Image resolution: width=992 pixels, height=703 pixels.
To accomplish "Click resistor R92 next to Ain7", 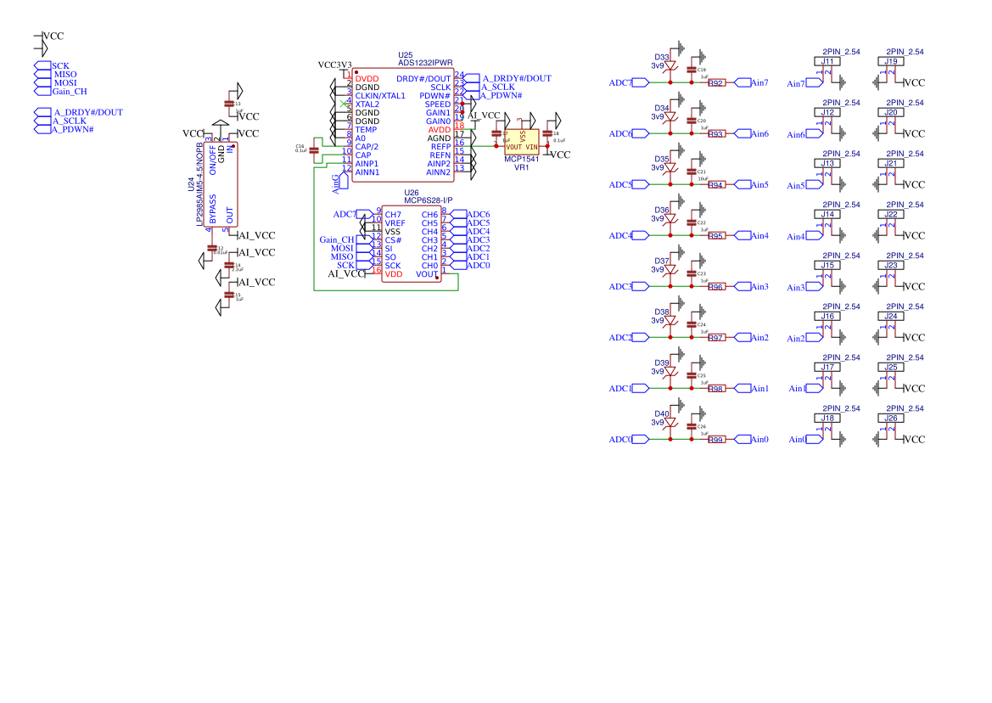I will pos(716,83).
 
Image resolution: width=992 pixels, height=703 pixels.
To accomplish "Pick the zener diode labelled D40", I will pos(670,423).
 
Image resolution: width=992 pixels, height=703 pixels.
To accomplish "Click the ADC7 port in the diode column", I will pos(620,83).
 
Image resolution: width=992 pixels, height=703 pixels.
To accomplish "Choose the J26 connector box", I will pos(891,419).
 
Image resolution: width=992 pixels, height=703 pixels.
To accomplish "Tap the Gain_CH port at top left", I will pos(69,92).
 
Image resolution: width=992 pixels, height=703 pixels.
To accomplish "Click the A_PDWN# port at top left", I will pos(72,130).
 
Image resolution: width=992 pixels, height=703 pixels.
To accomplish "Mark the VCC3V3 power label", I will pos(334,65).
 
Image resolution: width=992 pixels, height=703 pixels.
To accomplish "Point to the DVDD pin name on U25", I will pos(367,79).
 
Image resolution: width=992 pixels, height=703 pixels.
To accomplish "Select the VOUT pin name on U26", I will pos(427,274).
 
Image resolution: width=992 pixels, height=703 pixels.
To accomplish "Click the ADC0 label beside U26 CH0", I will pos(479,266).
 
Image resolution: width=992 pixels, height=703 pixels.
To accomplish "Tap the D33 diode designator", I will pos(662,57).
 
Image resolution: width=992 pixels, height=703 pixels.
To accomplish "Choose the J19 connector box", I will pos(891,62).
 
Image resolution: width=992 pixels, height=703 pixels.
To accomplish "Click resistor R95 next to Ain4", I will pos(716,236).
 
